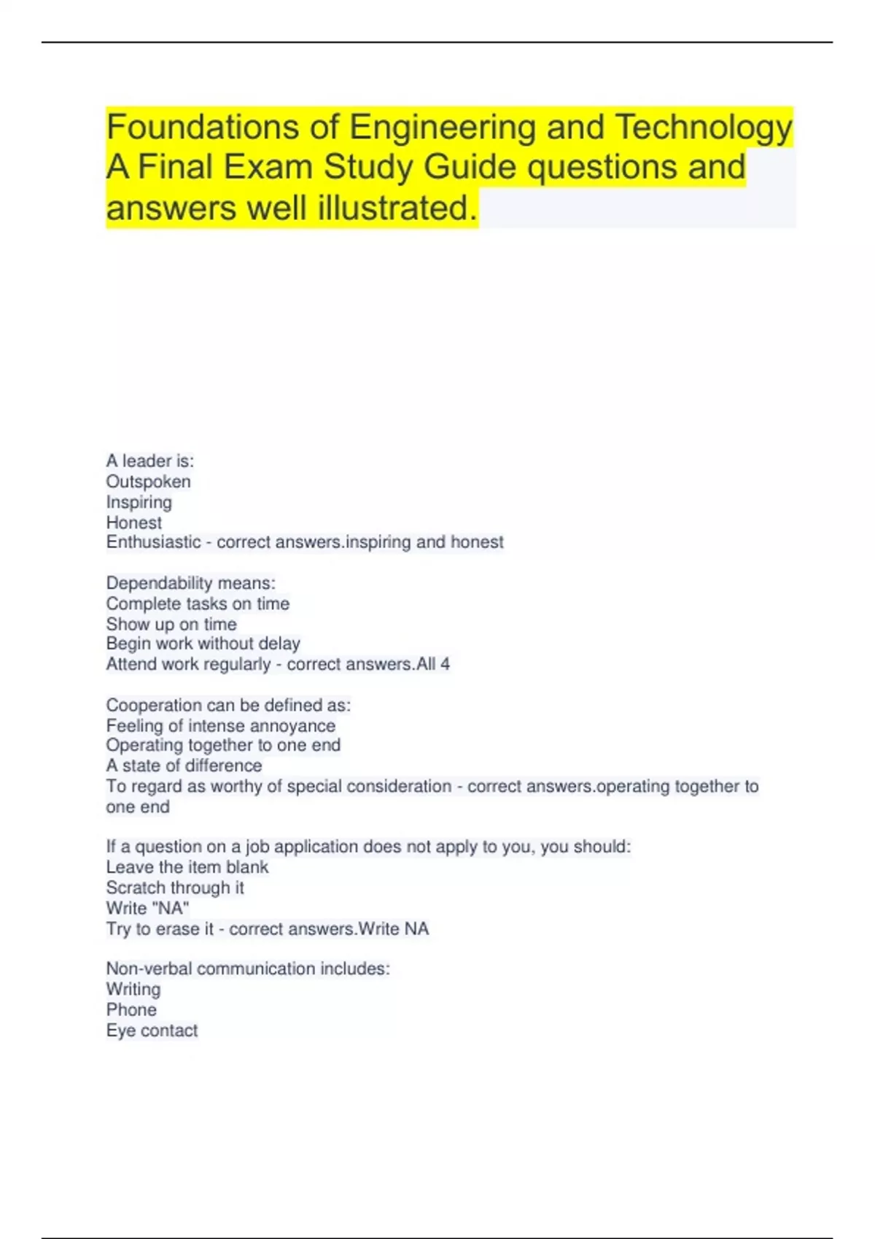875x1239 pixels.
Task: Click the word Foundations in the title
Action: [203, 128]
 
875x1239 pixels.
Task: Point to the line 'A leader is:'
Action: [149, 461]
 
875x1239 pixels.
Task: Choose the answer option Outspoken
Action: [148, 482]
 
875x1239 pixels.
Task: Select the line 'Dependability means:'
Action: [190, 583]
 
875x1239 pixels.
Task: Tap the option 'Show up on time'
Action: [171, 625]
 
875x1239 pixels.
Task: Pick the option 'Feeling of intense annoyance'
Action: [220, 726]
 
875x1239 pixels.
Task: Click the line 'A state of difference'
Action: [184, 766]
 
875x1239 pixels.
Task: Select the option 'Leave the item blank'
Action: [187, 867]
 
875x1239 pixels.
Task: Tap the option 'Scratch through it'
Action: [175, 888]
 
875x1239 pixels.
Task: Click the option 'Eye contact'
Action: [152, 1031]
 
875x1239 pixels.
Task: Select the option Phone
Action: [131, 1010]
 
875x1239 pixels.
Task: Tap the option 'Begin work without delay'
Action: [203, 644]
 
